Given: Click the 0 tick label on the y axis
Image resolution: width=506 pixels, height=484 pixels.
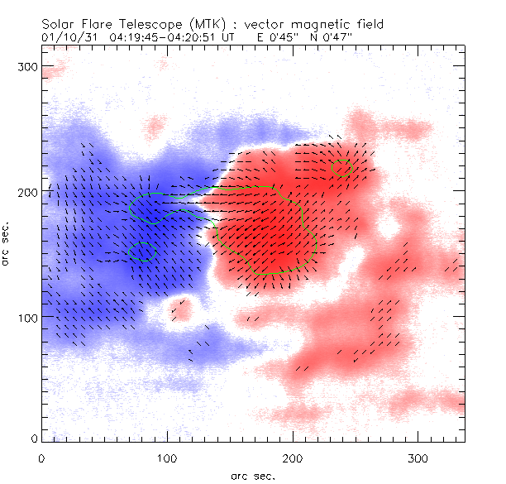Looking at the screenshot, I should tap(34, 438).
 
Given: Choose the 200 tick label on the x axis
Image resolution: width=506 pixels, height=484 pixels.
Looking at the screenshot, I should tap(292, 458).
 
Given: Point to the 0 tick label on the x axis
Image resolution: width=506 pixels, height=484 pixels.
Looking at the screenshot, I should tap(41, 458).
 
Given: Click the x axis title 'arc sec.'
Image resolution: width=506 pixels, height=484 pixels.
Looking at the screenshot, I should tap(253, 475).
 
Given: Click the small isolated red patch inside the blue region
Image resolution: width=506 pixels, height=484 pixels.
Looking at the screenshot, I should tap(182, 309).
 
